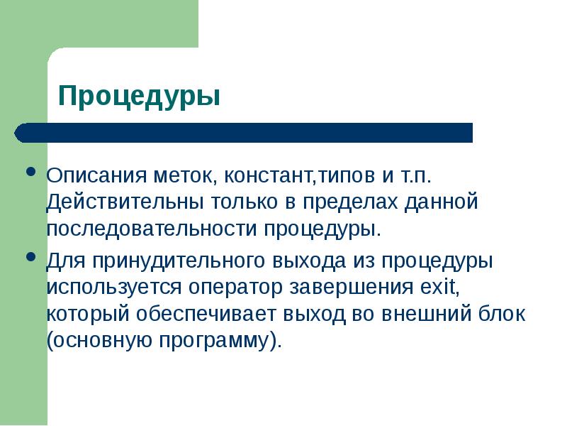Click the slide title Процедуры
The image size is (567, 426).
coord(138,95)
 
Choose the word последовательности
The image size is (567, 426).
coord(152,229)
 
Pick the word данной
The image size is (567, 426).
coord(444,202)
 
